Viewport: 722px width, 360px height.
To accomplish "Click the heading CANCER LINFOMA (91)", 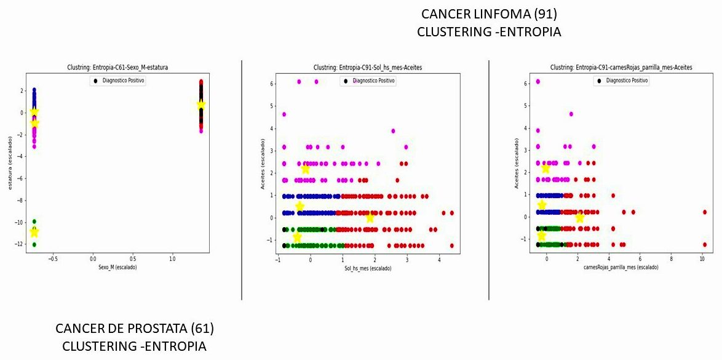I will coord(489,14).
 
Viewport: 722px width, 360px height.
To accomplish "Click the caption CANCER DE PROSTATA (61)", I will coord(135,328).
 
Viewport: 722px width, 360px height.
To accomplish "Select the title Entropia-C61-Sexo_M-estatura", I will coord(117,68).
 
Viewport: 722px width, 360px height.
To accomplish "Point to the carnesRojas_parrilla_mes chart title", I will coord(621,68).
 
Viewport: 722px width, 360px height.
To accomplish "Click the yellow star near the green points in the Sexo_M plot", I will coord(34,232).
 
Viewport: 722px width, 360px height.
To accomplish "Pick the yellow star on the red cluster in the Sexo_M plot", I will coord(201,105).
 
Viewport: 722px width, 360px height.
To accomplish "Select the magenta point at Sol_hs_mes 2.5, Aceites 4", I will coord(393,130).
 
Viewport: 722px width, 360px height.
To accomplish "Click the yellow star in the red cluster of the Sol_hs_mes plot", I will coord(370,218).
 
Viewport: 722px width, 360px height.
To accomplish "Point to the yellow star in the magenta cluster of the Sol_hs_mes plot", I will coord(306,169).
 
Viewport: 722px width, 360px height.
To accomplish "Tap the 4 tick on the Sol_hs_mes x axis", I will coord(439,260).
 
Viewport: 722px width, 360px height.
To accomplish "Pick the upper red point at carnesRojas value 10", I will coord(705,212).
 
